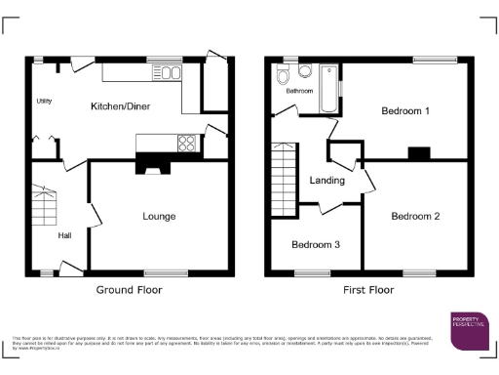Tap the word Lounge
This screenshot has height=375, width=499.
[158, 216]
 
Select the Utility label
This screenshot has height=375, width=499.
[44, 101]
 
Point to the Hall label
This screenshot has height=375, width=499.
[64, 234]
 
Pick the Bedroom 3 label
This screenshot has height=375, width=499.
[316, 244]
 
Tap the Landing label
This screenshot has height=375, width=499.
[326, 181]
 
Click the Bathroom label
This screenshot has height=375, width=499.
[299, 91]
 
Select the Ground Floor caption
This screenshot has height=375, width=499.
[129, 290]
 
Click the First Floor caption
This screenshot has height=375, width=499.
[367, 290]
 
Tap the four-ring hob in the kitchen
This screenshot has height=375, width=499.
[185, 144]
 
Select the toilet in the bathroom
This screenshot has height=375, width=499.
[284, 76]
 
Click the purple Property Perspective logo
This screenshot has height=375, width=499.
[472, 330]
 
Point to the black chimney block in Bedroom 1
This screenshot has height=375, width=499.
[420, 151]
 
